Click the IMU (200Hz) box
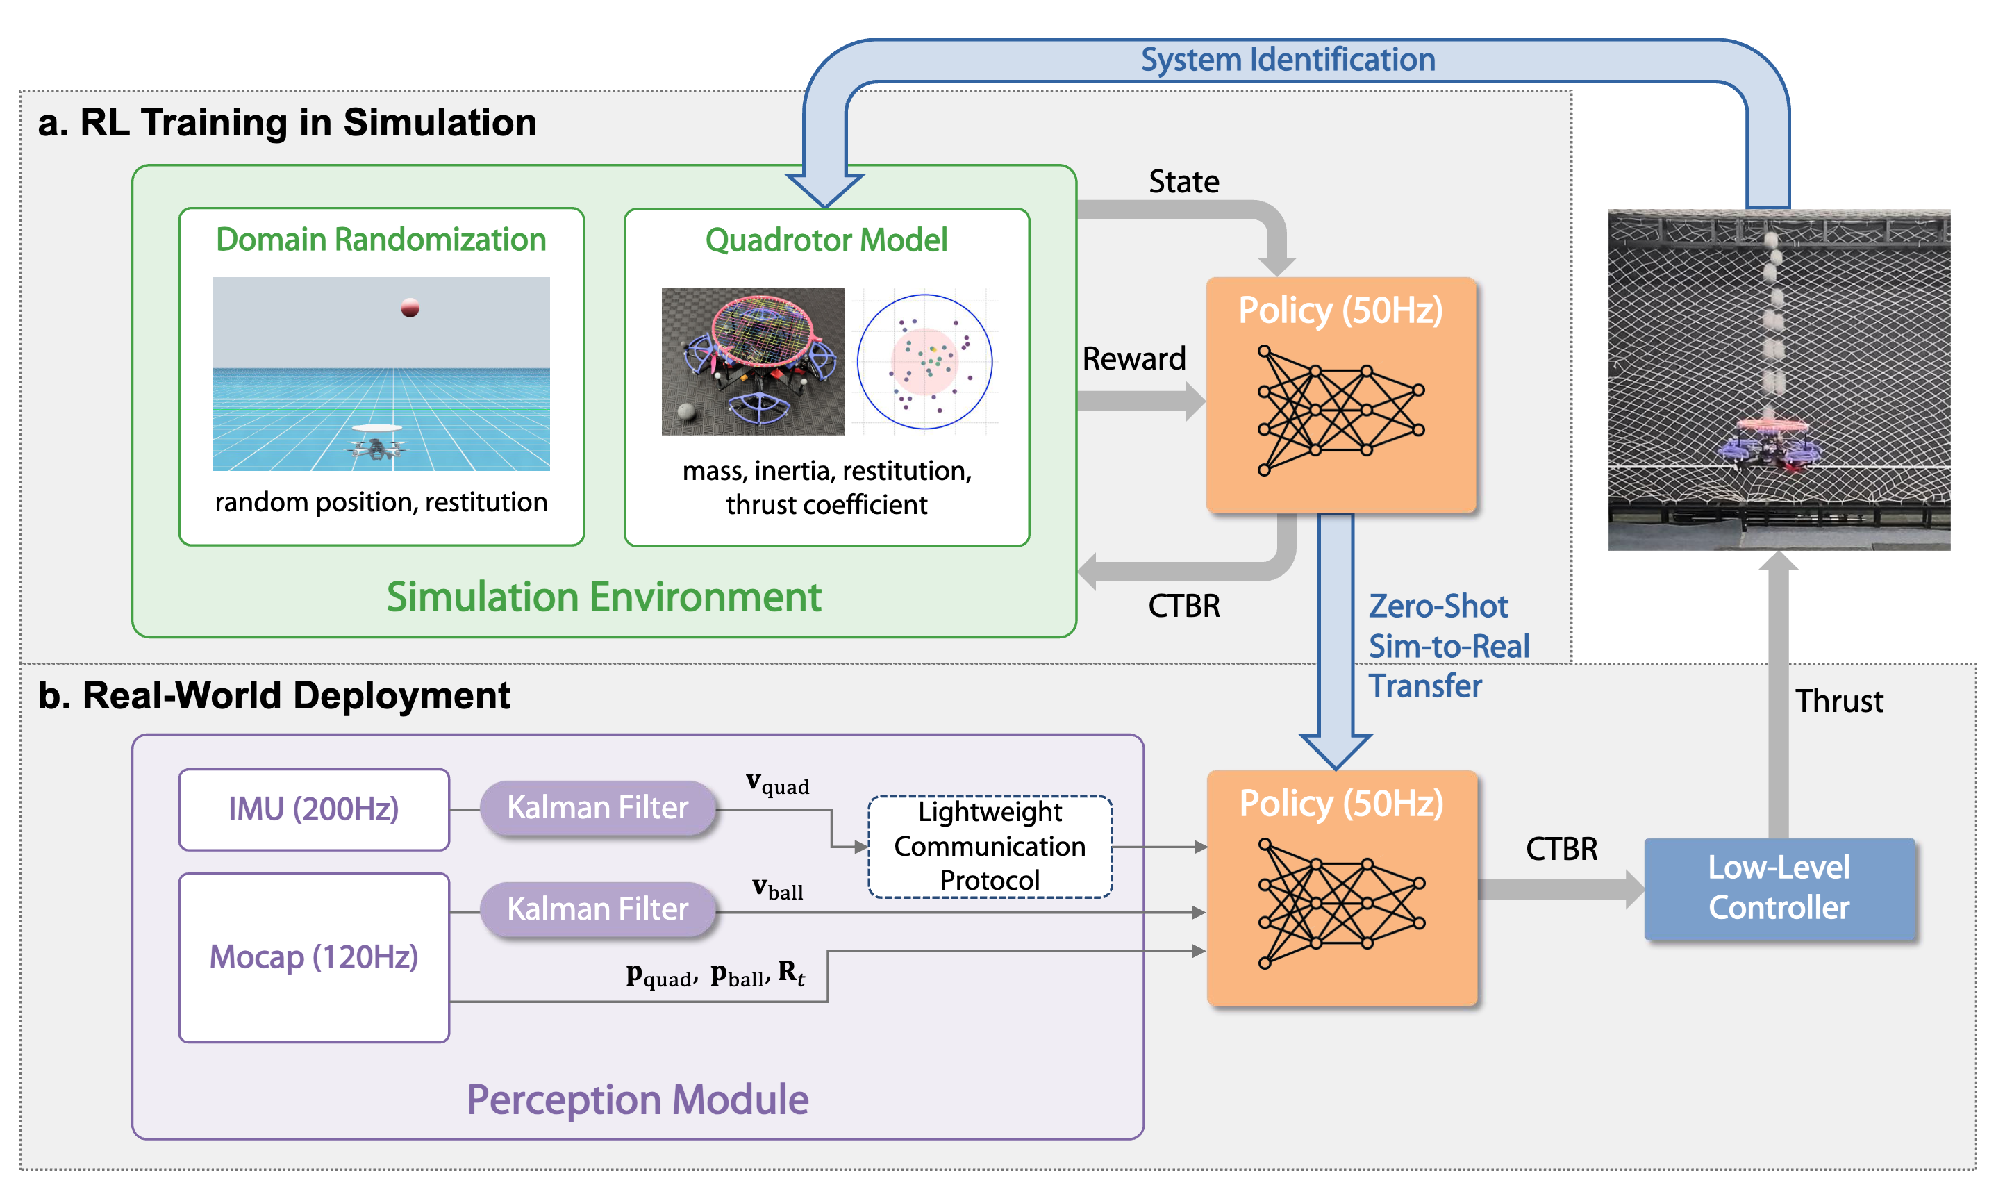click(x=314, y=809)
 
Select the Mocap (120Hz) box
click(x=314, y=956)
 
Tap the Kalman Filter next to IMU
click(x=597, y=807)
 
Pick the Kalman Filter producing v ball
click(x=597, y=909)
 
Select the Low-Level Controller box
click(x=1778, y=888)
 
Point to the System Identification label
click(x=1287, y=60)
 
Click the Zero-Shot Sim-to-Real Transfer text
click(x=1447, y=645)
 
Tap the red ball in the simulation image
click(x=410, y=308)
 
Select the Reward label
click(x=1133, y=358)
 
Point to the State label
click(x=1183, y=182)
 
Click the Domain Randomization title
click(x=381, y=240)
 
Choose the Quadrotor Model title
click(x=826, y=240)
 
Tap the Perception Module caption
click(x=637, y=1099)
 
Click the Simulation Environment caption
click(x=604, y=597)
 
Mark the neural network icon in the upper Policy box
click(x=1340, y=411)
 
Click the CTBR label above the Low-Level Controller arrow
click(x=1561, y=849)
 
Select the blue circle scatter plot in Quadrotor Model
click(x=924, y=362)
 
